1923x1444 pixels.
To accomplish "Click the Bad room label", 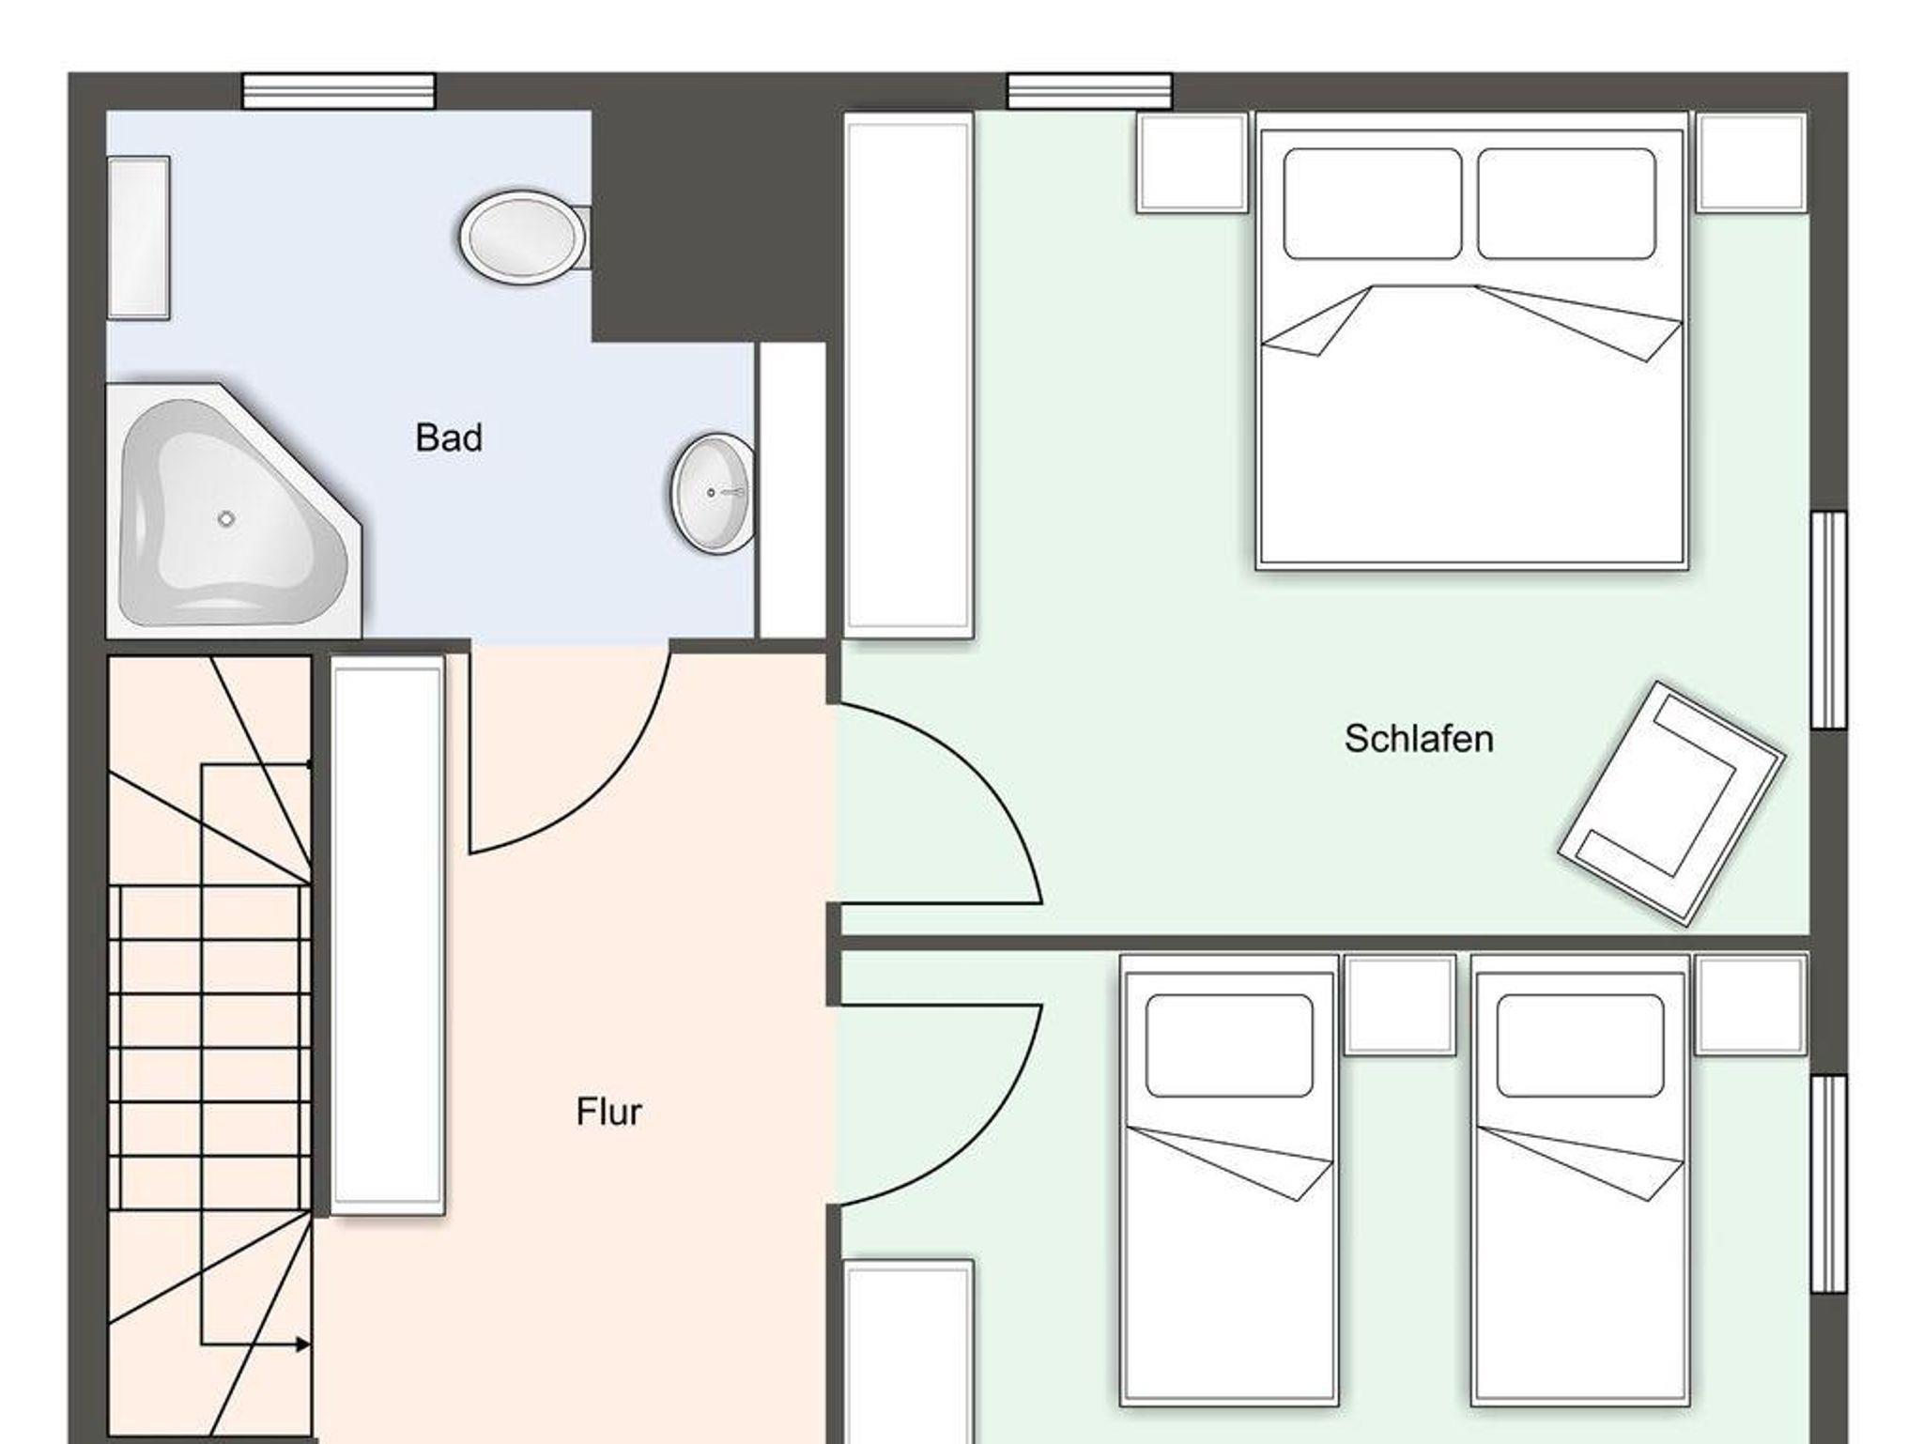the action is pos(449,438).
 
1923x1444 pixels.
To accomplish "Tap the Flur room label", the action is pos(608,1112).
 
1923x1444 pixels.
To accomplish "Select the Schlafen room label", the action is pos(1418,739).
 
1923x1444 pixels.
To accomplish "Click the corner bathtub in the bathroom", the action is pos(234,509).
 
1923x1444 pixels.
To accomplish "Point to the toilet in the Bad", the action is pos(524,236).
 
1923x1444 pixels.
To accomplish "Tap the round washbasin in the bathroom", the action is pos(713,493).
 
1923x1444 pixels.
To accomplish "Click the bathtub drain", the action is pos(225,518).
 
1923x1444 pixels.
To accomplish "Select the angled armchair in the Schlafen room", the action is pos(1671,804).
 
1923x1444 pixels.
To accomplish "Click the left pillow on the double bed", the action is pos(1372,204).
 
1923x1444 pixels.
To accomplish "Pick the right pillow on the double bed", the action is pos(1566,204).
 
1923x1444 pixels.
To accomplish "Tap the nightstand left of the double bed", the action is pos(1192,163).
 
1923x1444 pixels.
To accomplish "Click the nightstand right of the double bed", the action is pos(1751,163).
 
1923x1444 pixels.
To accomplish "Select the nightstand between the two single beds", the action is pos(1400,1005).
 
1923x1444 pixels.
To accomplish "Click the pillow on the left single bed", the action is pos(1229,1046).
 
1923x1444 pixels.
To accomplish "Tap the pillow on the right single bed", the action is pos(1580,1046).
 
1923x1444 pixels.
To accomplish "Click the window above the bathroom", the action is pos(339,92).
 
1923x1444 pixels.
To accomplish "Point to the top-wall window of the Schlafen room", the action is pos(1090,92).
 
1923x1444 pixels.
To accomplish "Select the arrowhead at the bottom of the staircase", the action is pos(302,1344).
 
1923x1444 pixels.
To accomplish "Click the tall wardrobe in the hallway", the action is pos(388,935).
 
